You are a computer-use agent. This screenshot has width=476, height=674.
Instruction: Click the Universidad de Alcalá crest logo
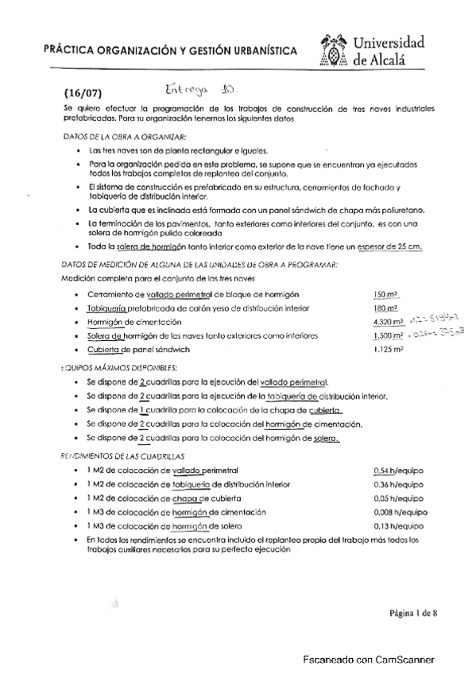[334, 52]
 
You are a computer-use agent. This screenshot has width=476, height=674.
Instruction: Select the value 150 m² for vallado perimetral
[385, 294]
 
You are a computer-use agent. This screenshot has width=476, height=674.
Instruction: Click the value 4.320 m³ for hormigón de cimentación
[388, 322]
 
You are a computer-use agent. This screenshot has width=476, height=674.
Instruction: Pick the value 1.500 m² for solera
[388, 335]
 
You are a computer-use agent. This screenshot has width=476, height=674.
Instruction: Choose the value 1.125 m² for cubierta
[388, 350]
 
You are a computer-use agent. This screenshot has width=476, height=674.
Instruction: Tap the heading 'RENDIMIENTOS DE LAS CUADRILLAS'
[123, 457]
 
